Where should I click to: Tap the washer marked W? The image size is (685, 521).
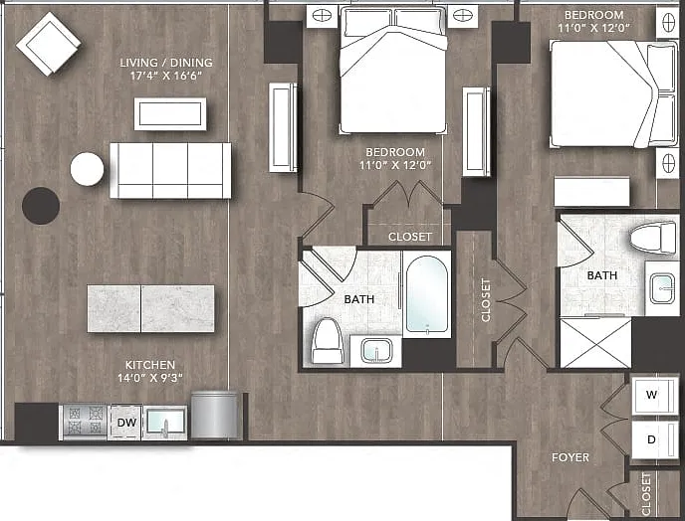(x=651, y=396)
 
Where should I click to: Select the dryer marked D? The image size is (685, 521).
(x=651, y=439)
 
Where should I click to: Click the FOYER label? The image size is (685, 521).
(x=571, y=457)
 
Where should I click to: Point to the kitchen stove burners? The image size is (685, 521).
(x=84, y=422)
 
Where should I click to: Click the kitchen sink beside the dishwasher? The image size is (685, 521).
(x=165, y=423)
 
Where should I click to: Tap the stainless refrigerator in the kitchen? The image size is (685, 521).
(x=214, y=415)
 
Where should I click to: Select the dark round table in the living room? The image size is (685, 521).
(x=41, y=206)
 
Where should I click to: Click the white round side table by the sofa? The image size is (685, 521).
(x=87, y=169)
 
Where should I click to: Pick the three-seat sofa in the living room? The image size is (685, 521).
(x=170, y=170)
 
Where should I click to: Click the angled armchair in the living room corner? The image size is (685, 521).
(x=49, y=44)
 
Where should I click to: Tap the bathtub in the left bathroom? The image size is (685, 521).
(x=427, y=294)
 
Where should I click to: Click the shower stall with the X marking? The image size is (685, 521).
(x=595, y=343)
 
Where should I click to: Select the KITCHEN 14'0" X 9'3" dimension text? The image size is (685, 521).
(x=149, y=371)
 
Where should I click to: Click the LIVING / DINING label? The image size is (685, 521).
(x=166, y=63)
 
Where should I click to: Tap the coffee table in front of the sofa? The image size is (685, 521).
(x=170, y=114)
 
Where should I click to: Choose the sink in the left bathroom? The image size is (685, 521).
(x=376, y=351)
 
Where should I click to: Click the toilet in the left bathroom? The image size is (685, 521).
(x=328, y=340)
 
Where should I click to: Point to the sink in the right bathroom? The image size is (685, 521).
(x=662, y=288)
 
